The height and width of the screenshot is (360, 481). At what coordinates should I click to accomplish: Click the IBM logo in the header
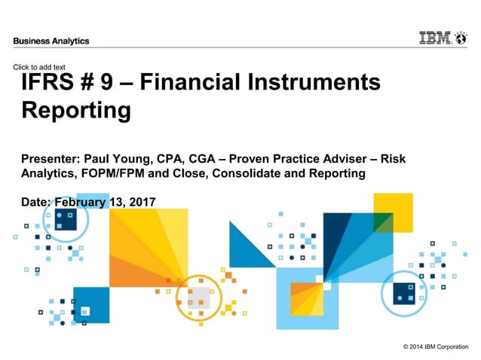435,38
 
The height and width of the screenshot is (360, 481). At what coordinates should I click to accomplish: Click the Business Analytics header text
51,41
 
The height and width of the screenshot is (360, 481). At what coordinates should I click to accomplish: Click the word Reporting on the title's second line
76,111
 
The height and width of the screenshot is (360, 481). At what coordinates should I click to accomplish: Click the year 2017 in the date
140,201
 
